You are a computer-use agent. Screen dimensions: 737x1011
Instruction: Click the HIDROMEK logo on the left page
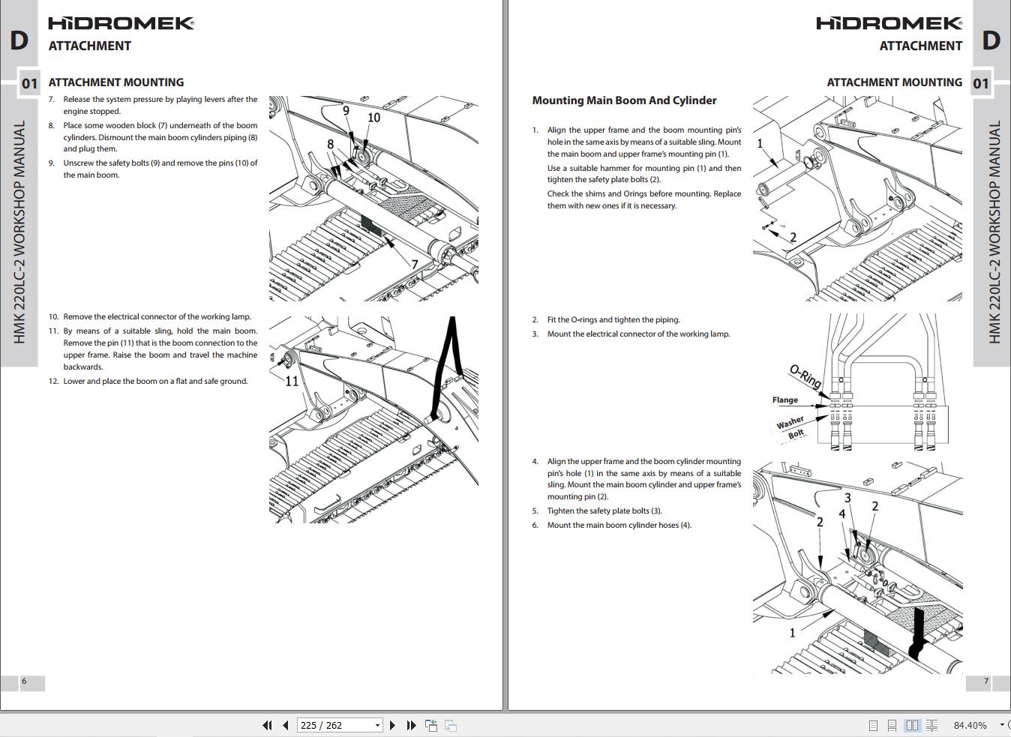121,23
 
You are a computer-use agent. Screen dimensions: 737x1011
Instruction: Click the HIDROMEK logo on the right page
889,23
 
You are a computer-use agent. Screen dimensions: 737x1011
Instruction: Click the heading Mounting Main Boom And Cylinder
624,100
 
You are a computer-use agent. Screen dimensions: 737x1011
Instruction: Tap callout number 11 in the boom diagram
292,381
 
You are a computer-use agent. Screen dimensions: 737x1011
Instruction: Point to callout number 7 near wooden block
414,264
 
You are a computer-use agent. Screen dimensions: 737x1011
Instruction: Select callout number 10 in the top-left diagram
373,118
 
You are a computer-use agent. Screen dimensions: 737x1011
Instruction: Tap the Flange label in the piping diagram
784,400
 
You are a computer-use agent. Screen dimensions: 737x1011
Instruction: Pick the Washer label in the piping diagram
790,423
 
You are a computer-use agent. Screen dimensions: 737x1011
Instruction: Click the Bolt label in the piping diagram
796,433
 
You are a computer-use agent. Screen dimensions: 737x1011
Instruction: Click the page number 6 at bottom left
24,682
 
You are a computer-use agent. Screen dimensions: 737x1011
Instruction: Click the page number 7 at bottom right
986,682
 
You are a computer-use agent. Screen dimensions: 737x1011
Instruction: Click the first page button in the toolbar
267,725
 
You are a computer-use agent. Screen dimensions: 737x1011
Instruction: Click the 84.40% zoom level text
970,725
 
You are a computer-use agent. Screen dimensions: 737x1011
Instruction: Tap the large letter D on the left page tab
19,40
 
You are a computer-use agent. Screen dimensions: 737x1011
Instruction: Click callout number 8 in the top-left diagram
330,144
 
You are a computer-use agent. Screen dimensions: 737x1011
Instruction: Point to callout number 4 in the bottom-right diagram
842,514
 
